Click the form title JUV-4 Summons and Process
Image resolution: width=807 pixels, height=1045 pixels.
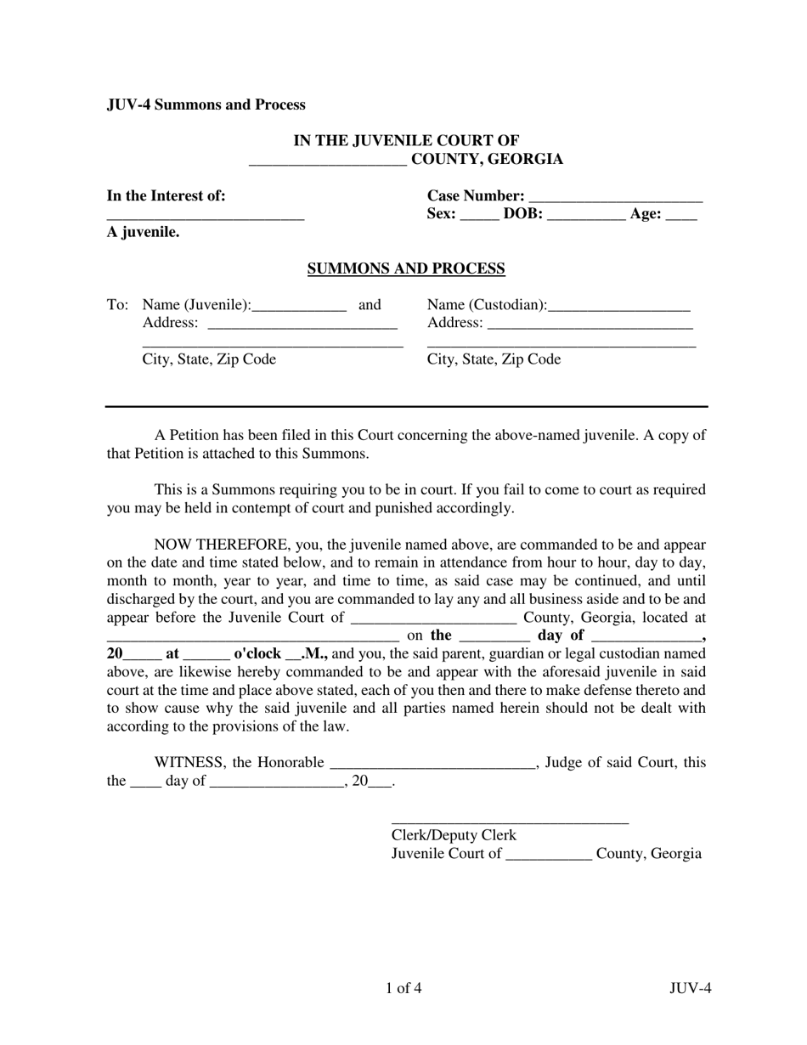pyautogui.click(x=206, y=104)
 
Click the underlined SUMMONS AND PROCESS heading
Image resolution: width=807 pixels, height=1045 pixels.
pyautogui.click(x=405, y=269)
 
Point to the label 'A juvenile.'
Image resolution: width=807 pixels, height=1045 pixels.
pyautogui.click(x=143, y=232)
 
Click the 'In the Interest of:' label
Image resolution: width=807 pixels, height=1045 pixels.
pyautogui.click(x=166, y=195)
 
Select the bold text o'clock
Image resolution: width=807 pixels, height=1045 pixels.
pyautogui.click(x=257, y=654)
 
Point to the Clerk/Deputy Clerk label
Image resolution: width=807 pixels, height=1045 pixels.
pyautogui.click(x=453, y=835)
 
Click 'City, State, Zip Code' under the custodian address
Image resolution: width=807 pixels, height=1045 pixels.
pyautogui.click(x=494, y=359)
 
